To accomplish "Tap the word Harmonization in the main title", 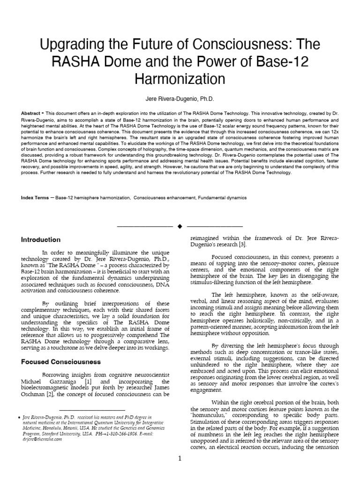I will [x=180, y=78].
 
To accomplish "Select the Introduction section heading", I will [x=41, y=240].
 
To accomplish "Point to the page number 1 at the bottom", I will [x=180, y=458].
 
